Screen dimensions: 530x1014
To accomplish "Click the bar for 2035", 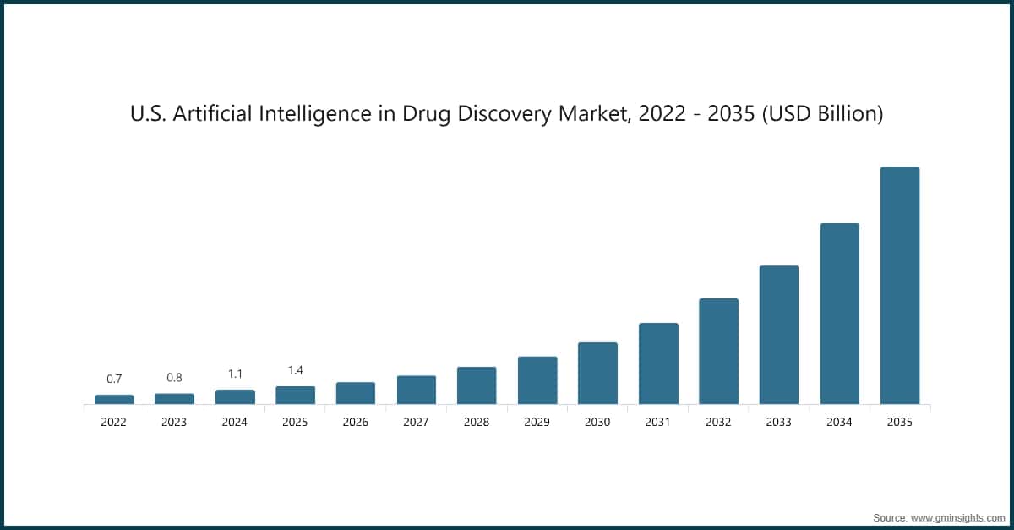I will [x=900, y=286].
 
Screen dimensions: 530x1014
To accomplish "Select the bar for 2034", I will [x=839, y=314].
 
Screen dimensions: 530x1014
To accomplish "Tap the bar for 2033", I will [x=778, y=335].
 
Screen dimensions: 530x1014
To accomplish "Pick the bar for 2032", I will [x=718, y=351].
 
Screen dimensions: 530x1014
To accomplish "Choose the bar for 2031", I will [x=658, y=363].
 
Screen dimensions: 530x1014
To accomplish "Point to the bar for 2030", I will [x=597, y=373].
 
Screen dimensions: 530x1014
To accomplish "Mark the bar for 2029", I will [x=537, y=380].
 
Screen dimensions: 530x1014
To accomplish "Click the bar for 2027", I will [x=417, y=390].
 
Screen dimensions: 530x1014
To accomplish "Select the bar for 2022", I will [x=114, y=399].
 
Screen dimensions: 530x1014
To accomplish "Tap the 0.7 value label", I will [x=114, y=379].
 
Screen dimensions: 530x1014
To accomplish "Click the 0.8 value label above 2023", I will [x=174, y=378].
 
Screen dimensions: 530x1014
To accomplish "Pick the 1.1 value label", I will [x=235, y=374].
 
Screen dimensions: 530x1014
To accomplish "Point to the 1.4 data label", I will [x=295, y=370].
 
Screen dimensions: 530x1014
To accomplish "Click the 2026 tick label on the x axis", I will [x=356, y=422].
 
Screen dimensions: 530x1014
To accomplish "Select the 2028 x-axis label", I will [x=477, y=422].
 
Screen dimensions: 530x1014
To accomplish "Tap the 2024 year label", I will [x=235, y=422].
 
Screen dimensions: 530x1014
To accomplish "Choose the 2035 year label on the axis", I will [x=900, y=422].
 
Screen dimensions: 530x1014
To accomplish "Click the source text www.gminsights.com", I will [x=957, y=517].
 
